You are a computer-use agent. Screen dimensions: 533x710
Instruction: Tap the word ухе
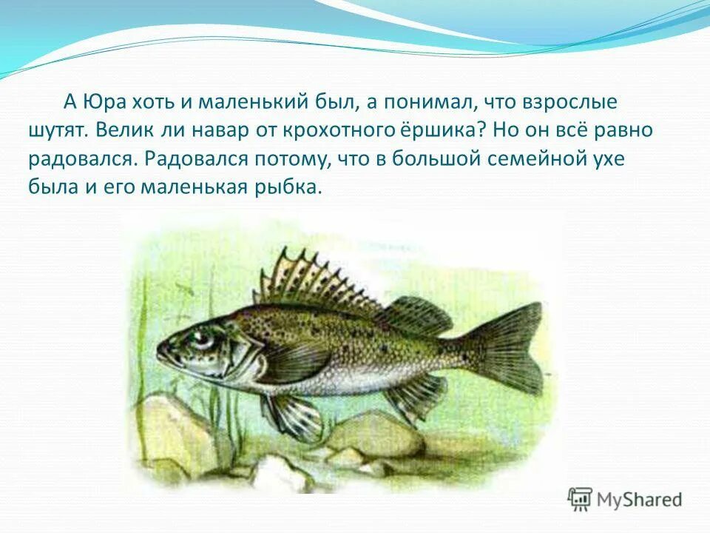[612, 159]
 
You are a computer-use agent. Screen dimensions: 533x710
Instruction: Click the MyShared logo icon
[581, 499]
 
